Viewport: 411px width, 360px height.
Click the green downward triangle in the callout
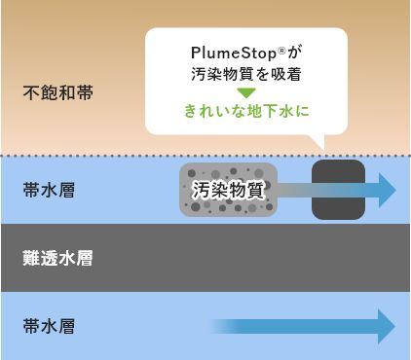point(246,91)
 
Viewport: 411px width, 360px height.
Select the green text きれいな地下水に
point(246,111)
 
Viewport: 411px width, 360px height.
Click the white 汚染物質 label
point(228,190)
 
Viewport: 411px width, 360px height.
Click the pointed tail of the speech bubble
point(318,144)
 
